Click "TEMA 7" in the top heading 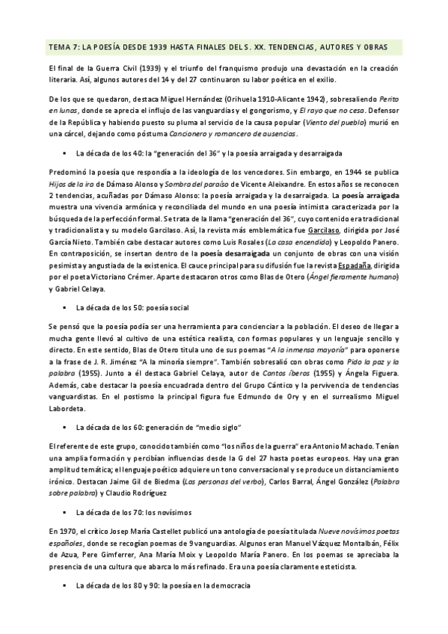coord(61,46)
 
